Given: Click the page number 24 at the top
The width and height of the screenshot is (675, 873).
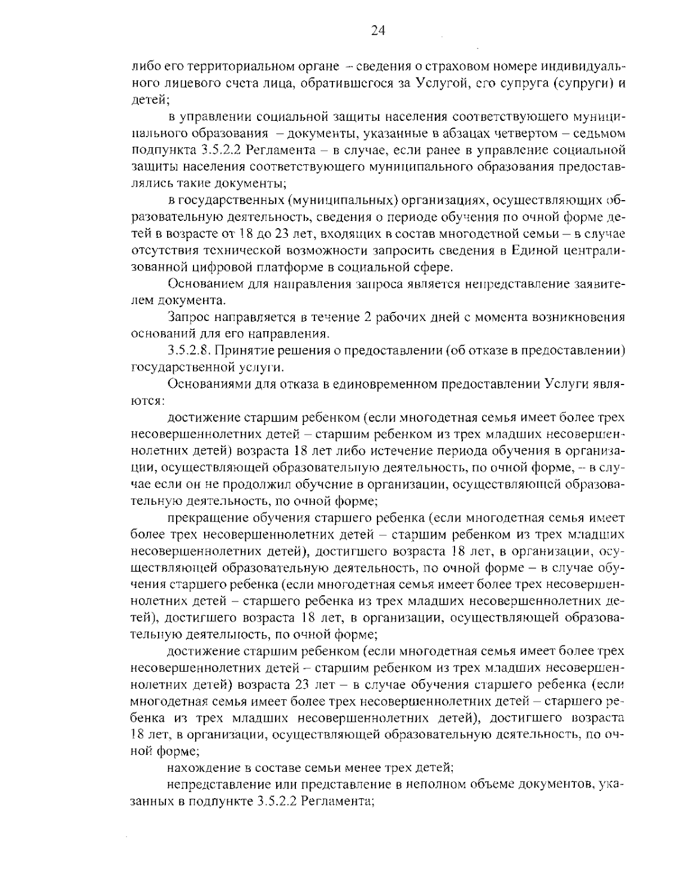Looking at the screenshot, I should (377, 31).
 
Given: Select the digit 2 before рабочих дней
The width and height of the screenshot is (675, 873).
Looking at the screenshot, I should (367, 317).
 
